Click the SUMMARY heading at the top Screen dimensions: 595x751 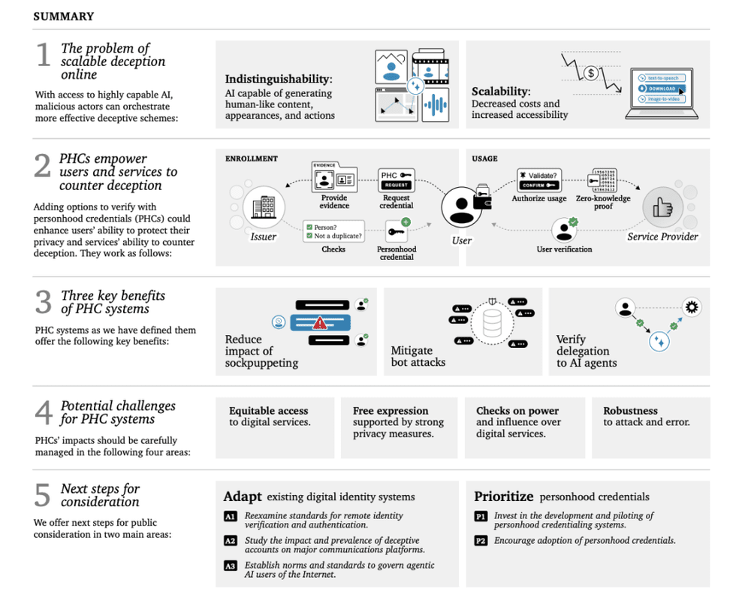point(64,16)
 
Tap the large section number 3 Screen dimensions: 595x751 point(43,303)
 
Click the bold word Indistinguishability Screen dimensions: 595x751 point(278,79)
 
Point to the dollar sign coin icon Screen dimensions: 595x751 point(592,74)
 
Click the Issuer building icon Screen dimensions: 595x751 point(263,204)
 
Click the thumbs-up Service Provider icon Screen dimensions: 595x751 point(663,206)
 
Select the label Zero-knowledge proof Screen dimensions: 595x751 point(603,203)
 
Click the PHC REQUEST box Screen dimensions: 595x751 point(397,180)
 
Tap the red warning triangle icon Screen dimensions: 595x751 point(320,323)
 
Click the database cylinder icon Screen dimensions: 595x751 point(492,323)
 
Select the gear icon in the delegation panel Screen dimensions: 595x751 point(692,307)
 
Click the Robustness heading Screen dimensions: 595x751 point(630,411)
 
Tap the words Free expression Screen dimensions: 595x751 point(391,411)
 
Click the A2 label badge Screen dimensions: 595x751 point(231,541)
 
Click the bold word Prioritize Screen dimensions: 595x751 point(504,497)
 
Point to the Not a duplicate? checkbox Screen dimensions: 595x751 point(309,236)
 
